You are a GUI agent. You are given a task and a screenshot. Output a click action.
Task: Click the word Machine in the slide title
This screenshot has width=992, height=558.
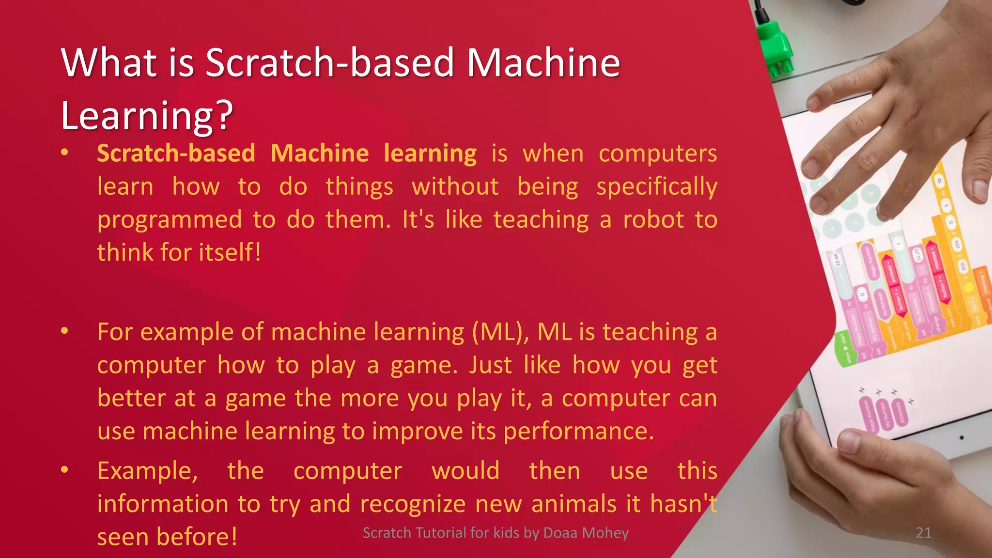coord(542,63)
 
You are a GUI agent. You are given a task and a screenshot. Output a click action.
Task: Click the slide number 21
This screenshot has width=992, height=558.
coord(923,533)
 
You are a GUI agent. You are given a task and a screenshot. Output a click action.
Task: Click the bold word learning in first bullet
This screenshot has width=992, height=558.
coord(430,154)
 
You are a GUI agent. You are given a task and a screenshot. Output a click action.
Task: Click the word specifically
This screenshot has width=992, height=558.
coord(656,187)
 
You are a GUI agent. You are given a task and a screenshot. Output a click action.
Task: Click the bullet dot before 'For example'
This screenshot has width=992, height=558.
coord(64,331)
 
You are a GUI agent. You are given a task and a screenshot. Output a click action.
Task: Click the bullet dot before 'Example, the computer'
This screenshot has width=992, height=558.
coord(64,470)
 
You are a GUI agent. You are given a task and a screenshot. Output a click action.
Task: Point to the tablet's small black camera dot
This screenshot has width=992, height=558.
coord(961,438)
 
